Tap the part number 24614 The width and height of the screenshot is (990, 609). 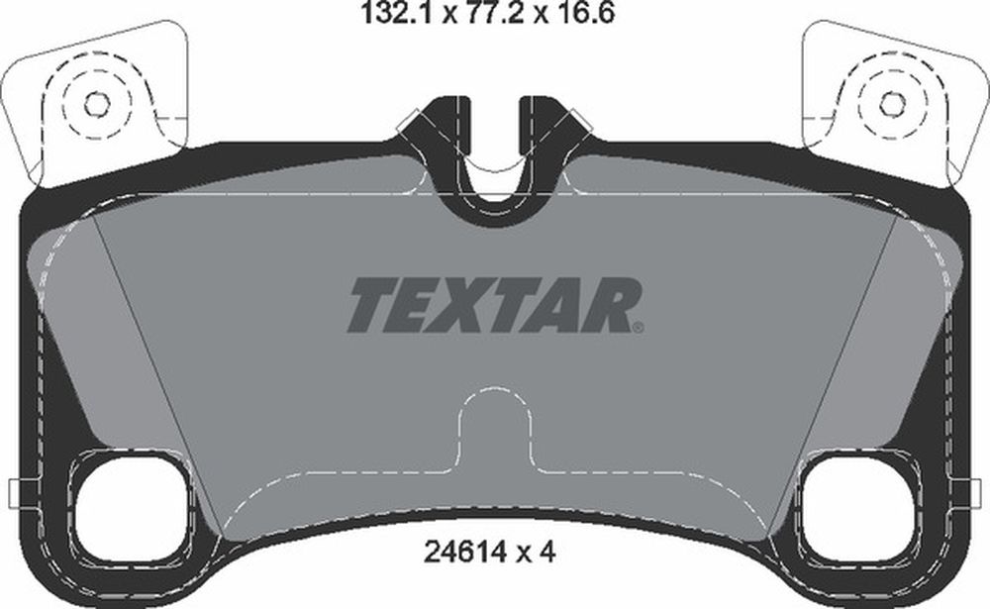pos(465,553)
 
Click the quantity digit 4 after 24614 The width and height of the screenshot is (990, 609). pos(546,553)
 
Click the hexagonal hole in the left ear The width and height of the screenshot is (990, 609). pos(96,104)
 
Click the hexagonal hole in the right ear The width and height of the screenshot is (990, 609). pos(892,104)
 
